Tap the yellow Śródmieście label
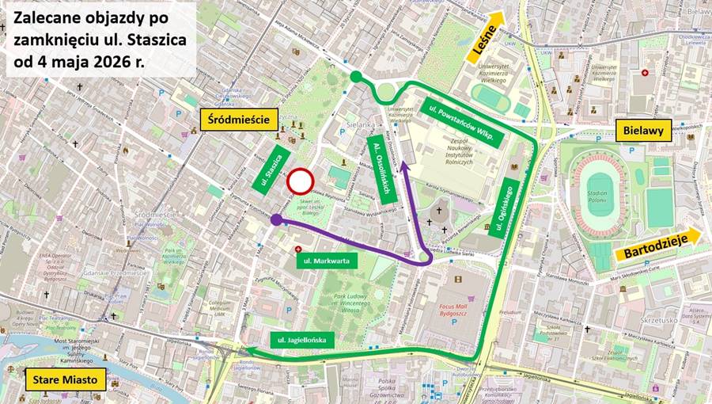pos(239,120)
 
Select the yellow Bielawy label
pos(643,130)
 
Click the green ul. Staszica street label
pos(270,168)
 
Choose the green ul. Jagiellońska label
pos(301,340)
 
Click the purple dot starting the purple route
pos(276,220)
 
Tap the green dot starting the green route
pos(356,76)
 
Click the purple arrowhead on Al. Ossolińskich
pos(405,166)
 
